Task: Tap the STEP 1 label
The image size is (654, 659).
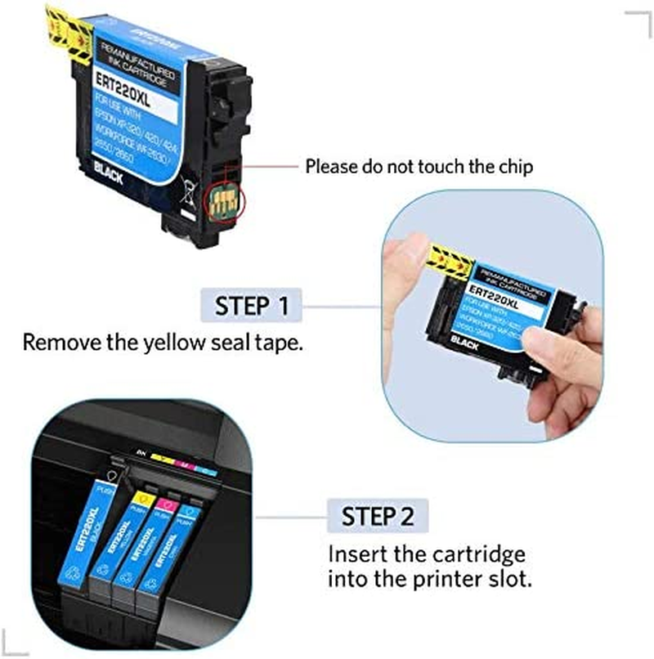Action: (x=252, y=307)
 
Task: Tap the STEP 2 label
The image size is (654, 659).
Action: (x=377, y=517)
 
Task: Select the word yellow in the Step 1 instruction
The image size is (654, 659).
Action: (x=184, y=342)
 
